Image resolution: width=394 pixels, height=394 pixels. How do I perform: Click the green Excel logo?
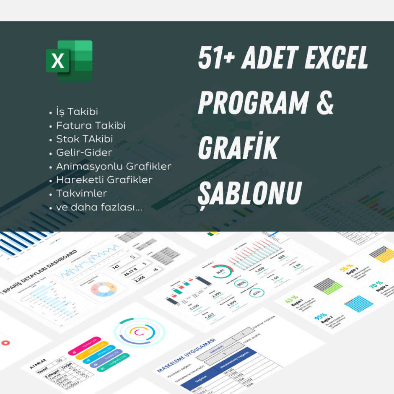pos(69,61)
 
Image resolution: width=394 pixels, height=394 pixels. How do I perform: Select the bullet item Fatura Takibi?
pos(91,125)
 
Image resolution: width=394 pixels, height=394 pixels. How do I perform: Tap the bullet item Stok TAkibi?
pos(84,139)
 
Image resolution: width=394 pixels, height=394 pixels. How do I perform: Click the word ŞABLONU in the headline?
pos(250,192)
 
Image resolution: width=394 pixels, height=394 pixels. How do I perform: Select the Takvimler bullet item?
pos(81,194)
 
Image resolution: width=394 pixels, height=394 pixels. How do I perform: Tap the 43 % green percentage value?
pos(291,300)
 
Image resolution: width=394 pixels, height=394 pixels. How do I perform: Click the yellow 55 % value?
pos(346,267)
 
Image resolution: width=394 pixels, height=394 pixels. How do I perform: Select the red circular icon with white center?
pos(5,342)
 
